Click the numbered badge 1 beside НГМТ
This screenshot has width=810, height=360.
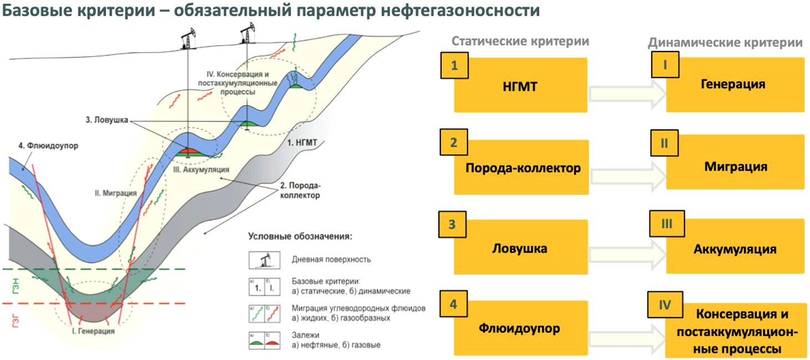(454, 65)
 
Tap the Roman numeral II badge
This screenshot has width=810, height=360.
(664, 143)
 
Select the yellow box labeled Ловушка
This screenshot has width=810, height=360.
(521, 247)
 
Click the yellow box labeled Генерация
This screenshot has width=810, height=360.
(735, 84)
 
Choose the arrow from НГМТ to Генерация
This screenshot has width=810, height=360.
(627, 94)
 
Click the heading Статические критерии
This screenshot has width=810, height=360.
(520, 41)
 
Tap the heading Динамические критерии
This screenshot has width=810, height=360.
(725, 43)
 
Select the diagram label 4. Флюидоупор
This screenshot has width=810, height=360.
(48, 146)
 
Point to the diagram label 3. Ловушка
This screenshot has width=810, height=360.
(107, 120)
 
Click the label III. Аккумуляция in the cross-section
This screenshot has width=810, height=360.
(201, 170)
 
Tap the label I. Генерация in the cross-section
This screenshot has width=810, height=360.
(93, 331)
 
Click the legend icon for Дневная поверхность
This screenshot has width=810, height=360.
(264, 260)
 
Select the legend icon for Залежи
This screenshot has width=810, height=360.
(264, 341)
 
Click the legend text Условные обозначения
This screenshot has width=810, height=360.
(300, 236)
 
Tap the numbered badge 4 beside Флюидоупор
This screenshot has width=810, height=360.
(453, 304)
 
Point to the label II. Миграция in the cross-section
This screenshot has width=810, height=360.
(116, 193)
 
